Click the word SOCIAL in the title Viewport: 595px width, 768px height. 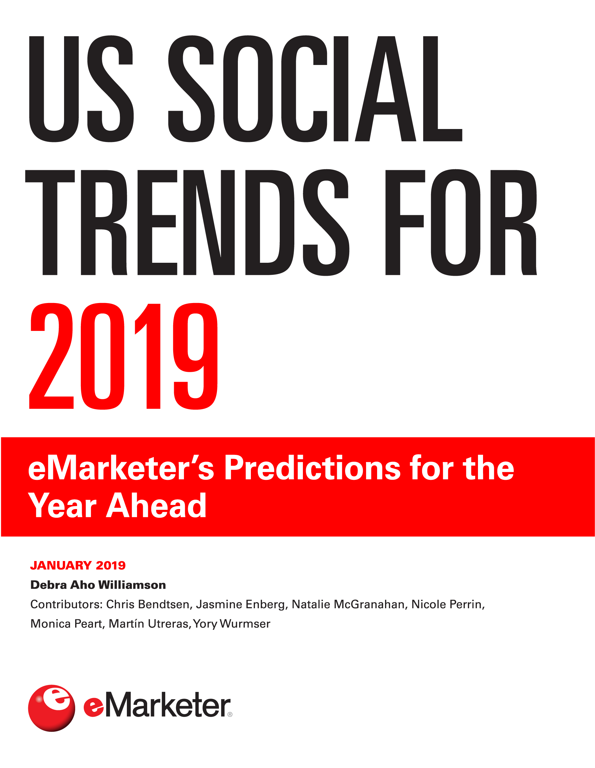point(315,89)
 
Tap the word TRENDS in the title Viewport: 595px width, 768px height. point(187,223)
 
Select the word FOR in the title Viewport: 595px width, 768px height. point(461,223)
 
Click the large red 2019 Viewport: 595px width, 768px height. point(123,356)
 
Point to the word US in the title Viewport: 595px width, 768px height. point(81,89)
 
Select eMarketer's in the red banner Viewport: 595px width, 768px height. point(121,468)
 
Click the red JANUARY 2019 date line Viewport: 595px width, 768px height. point(78,565)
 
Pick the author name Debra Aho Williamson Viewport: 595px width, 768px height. point(98,585)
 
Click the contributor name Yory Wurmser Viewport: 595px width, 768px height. point(232,624)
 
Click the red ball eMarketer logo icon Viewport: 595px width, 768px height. point(52,708)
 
